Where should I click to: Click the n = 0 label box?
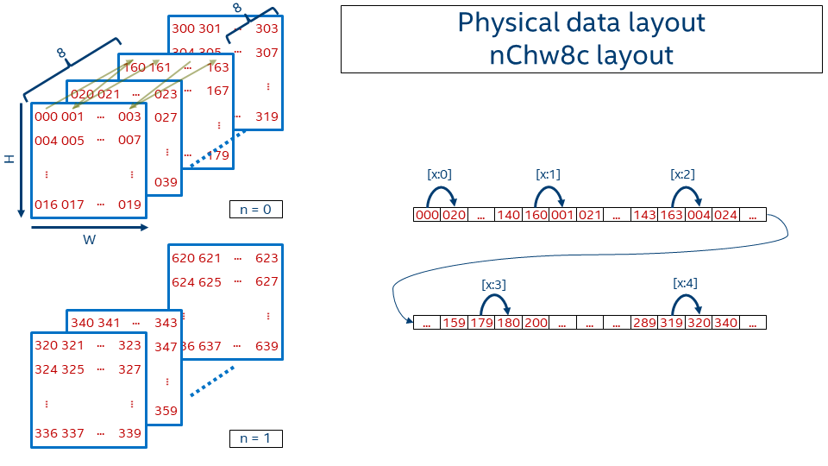[x=255, y=209]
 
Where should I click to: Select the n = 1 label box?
[x=255, y=438]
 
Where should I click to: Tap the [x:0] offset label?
[x=439, y=173]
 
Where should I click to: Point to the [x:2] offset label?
[x=682, y=173]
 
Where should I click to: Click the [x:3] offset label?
[x=493, y=283]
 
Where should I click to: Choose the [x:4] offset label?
[x=685, y=283]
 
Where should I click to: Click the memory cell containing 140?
[x=508, y=215]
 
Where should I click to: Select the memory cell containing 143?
[x=644, y=215]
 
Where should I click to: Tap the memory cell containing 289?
[x=644, y=323]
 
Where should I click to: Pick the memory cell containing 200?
[x=536, y=323]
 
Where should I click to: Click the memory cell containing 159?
[x=454, y=323]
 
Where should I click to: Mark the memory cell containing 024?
[x=725, y=215]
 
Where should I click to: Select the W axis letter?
[x=89, y=241]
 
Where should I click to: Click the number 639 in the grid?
[x=267, y=346]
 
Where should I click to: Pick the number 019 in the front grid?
[x=130, y=205]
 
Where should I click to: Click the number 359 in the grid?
[x=166, y=411]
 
